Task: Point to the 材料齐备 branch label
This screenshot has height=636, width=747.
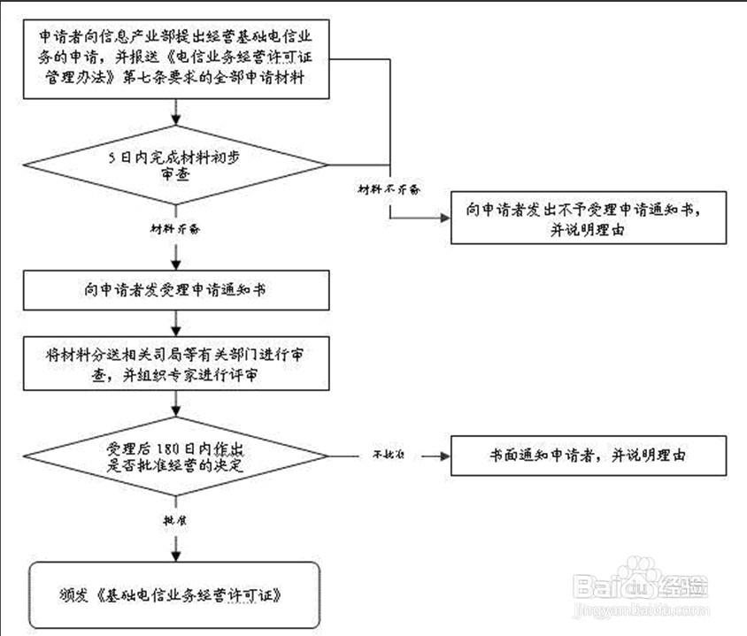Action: (x=175, y=228)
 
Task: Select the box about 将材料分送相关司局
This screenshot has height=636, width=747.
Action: (x=180, y=362)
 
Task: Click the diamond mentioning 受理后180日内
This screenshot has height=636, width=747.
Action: (x=179, y=456)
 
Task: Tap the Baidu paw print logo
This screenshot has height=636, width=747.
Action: (x=635, y=579)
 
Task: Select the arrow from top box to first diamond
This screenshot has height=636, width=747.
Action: (x=180, y=111)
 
